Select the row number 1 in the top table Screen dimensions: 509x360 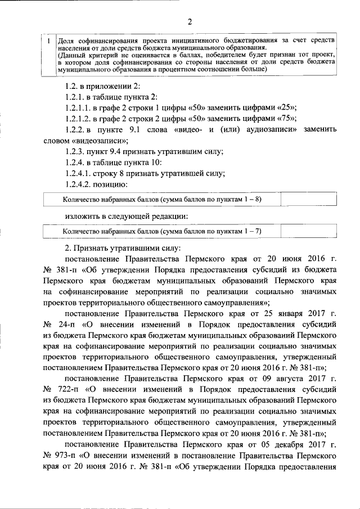49,42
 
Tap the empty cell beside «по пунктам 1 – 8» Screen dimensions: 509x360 300,199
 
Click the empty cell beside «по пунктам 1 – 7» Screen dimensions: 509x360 300,231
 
